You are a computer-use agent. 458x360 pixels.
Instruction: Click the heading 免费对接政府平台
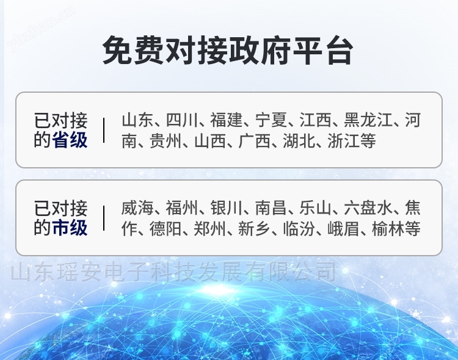pos(228,50)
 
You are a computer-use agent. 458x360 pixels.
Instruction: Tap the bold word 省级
pos(70,140)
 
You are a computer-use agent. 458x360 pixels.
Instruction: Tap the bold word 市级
pos(70,228)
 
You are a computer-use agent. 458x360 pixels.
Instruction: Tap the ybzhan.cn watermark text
pos(40,29)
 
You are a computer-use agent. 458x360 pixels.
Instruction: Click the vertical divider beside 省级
pos(104,130)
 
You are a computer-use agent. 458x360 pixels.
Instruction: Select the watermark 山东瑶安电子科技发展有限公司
pos(173,272)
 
